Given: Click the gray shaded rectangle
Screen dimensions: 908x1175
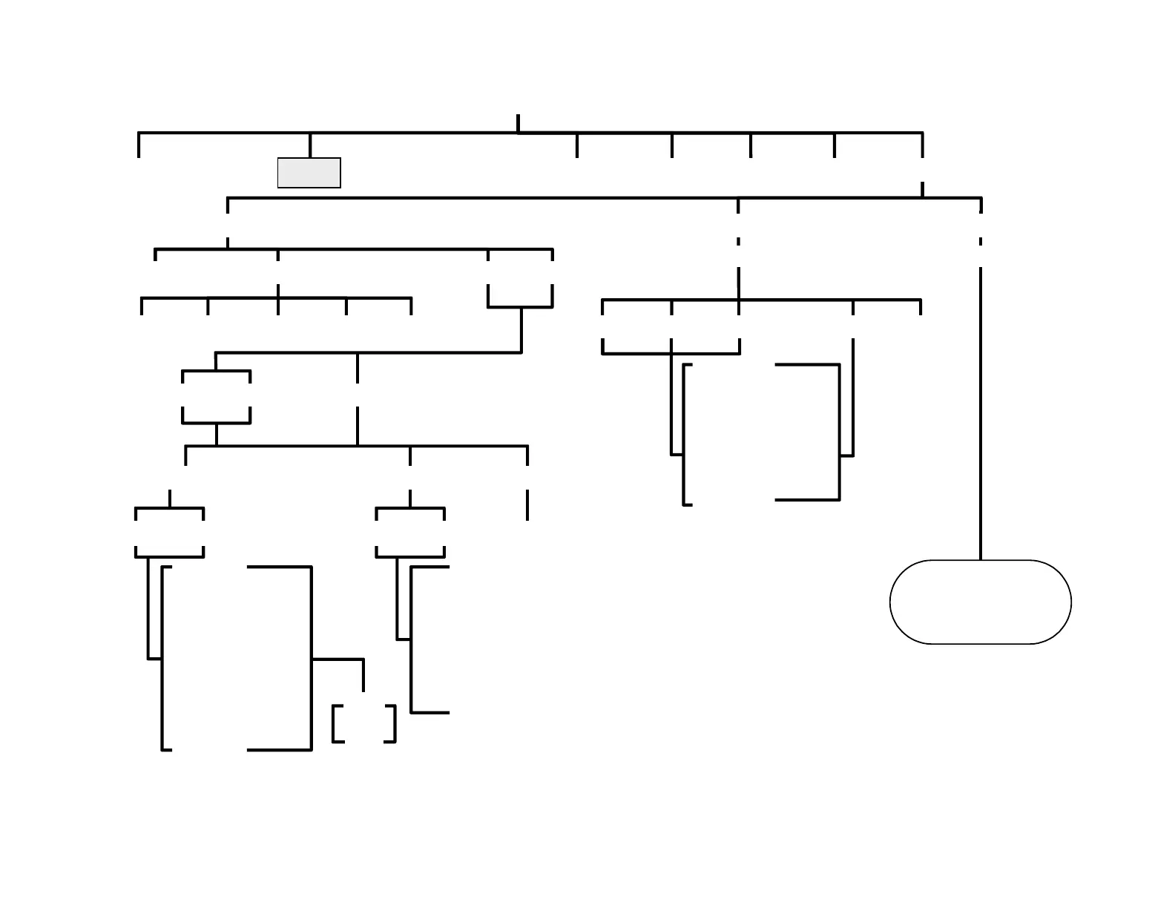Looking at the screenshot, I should (309, 173).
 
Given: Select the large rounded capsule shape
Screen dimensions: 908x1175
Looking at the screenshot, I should (980, 602).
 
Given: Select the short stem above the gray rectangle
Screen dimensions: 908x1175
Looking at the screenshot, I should (310, 145).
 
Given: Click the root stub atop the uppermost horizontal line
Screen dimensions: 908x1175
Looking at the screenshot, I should (518, 123).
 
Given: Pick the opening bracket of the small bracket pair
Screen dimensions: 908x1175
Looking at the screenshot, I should (335, 723).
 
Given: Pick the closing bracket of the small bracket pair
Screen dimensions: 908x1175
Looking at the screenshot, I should (393, 723).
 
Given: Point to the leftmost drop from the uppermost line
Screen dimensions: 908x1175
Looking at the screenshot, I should (139, 145).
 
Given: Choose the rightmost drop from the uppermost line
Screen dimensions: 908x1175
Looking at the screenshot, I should (922, 145).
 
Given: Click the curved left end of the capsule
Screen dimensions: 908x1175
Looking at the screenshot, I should (892, 602).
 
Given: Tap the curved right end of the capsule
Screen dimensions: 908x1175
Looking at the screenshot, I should (1069, 602).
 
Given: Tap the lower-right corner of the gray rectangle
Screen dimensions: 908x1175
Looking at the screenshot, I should (340, 187).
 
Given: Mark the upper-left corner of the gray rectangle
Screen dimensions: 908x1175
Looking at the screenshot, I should (279, 159).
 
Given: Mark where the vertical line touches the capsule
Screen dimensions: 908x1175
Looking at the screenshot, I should (981, 560).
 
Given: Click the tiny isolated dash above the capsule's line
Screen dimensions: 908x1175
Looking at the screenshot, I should (981, 241).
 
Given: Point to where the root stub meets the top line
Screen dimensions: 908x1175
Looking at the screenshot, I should (518, 133).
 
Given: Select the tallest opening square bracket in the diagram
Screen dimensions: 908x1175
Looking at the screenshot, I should (163, 658).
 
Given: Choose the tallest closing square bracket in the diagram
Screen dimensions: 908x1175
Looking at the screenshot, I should (309, 658).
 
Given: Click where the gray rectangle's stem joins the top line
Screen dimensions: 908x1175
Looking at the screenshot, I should (310, 134).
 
